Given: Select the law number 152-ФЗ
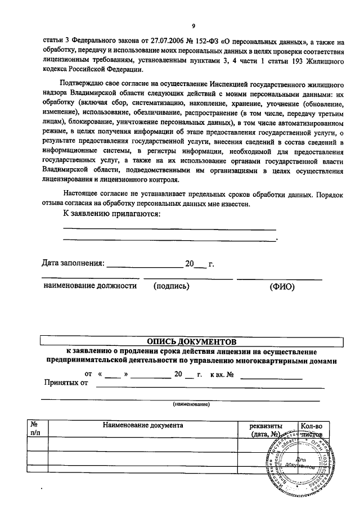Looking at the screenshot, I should (x=209, y=41).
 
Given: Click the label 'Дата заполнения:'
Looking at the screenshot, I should (x=73, y=263).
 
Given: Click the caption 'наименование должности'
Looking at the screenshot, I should (x=90, y=286).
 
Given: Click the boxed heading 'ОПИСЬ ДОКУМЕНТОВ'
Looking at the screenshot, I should (x=192, y=341).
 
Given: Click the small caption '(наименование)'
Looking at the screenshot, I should (x=191, y=404).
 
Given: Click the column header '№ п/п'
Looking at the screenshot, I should (x=34, y=430).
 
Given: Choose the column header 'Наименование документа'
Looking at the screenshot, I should (x=143, y=426).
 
